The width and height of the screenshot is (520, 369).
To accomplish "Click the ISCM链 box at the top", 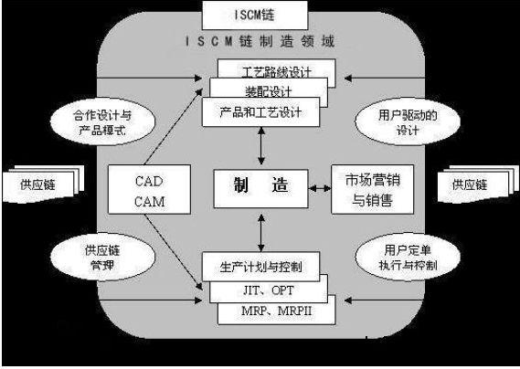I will coord(260,16).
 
